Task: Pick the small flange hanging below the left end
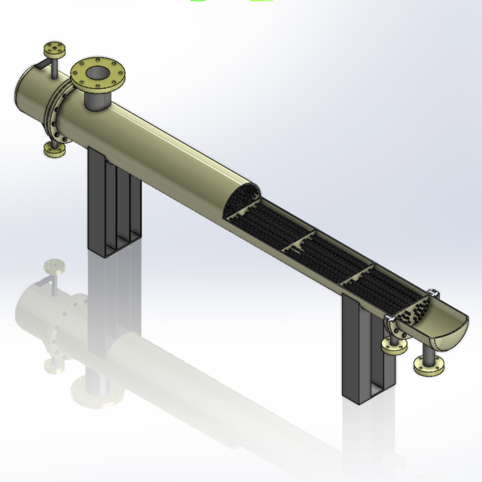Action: pos(53,149)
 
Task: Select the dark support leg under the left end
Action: pos(113,203)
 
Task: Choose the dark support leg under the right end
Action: pos(367,346)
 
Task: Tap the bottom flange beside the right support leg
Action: pos(394,346)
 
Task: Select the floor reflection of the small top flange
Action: pos(53,267)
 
